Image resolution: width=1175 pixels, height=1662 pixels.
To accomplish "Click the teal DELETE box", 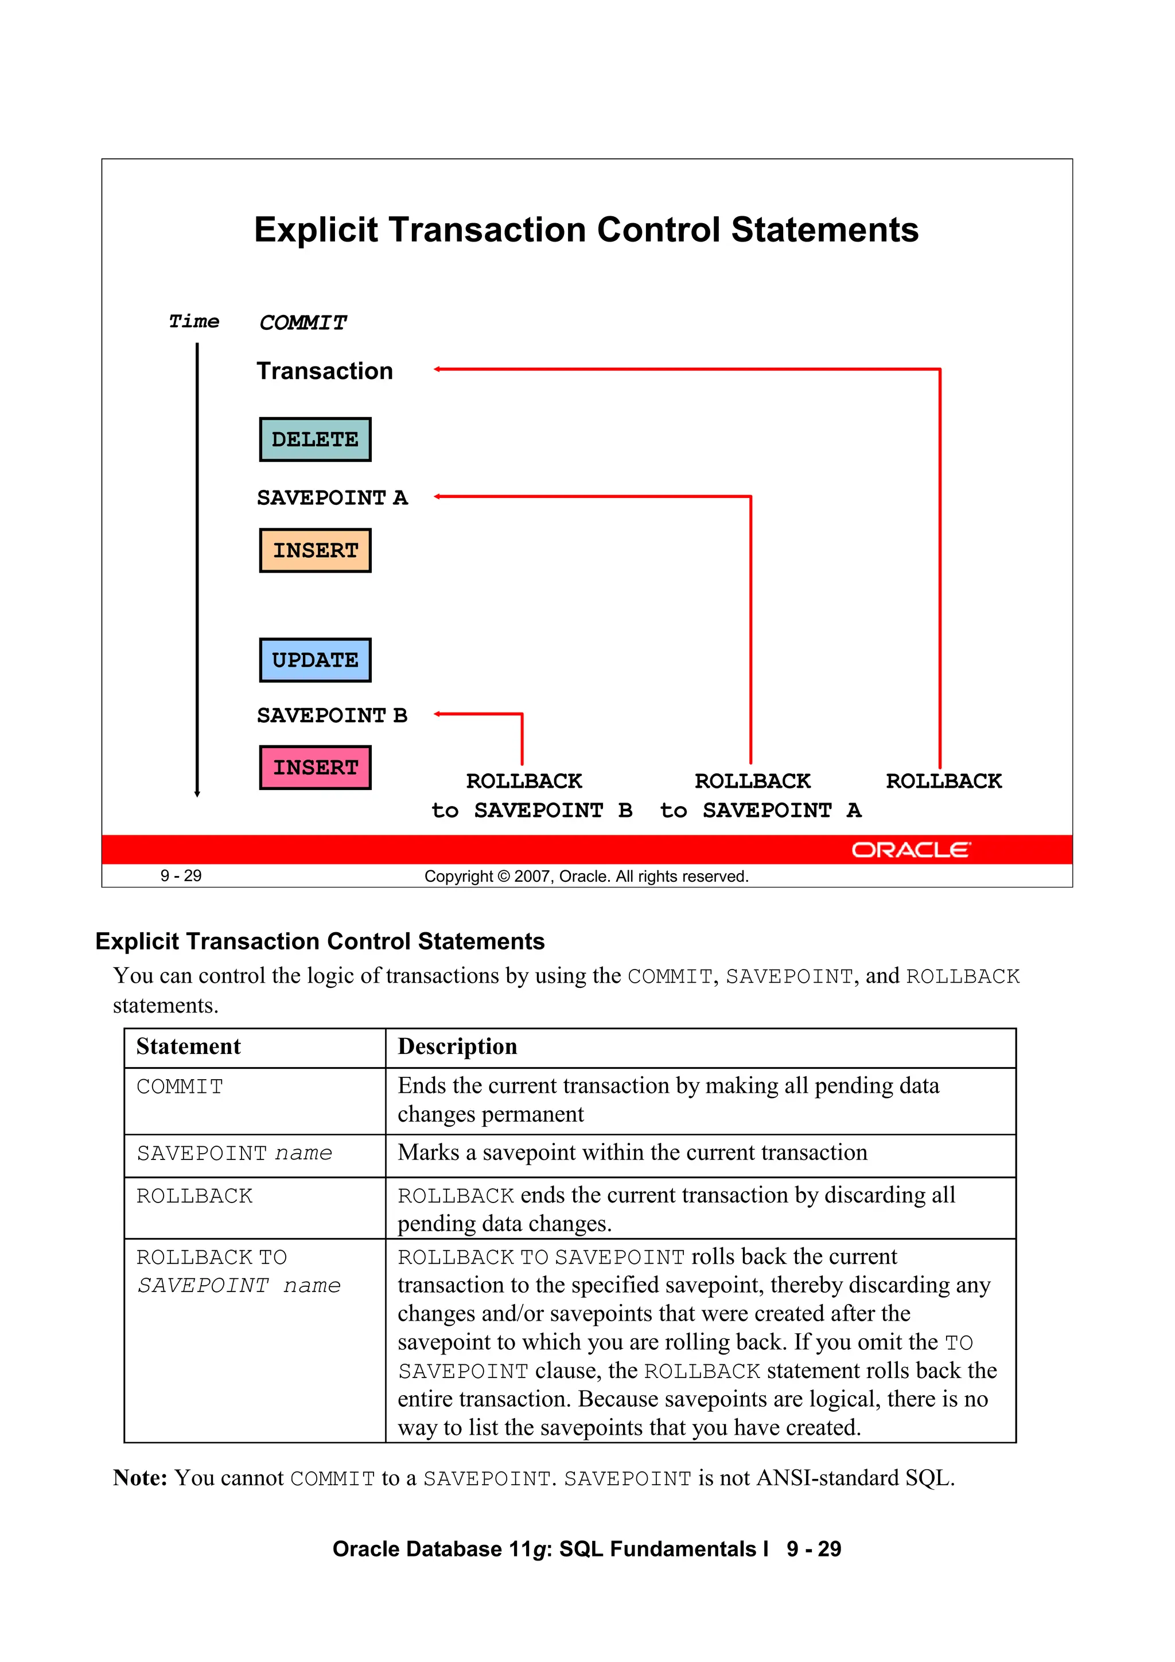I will pyautogui.click(x=315, y=439).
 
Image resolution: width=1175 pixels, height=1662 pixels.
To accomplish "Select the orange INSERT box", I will pyautogui.click(x=315, y=550).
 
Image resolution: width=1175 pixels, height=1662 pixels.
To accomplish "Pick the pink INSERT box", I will pyautogui.click(x=315, y=767).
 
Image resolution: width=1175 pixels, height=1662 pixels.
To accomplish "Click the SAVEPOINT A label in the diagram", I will pyautogui.click(x=332, y=498).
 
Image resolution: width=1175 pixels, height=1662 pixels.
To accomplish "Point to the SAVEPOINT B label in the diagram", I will pyautogui.click(x=332, y=715).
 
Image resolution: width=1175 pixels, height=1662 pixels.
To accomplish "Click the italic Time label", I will pyautogui.click(x=193, y=321).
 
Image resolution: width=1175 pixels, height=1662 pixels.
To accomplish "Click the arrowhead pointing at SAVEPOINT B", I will pyautogui.click(x=437, y=714).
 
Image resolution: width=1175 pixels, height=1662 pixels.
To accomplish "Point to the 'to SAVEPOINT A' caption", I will pyautogui.click(x=760, y=810).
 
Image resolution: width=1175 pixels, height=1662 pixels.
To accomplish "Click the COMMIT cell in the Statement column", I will pyautogui.click(x=180, y=1087).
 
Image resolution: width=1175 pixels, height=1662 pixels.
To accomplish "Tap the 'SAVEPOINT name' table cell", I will pyautogui.click(x=234, y=1153).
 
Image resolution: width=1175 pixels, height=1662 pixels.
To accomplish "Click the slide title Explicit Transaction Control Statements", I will pyautogui.click(x=586, y=229).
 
